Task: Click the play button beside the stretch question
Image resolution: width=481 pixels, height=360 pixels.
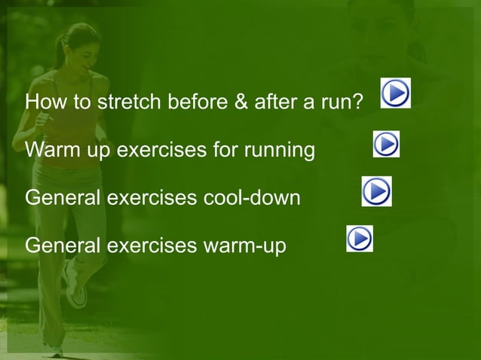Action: tap(395, 93)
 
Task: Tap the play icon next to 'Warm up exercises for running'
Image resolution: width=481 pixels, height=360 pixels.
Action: tap(386, 144)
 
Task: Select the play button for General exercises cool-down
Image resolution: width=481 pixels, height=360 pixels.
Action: tap(376, 191)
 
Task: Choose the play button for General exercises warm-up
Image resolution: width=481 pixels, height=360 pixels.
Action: tap(360, 239)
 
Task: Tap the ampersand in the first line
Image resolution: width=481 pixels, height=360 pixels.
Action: tap(241, 102)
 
